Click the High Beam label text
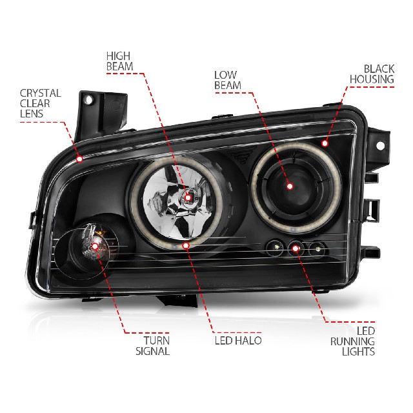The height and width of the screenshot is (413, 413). (119, 61)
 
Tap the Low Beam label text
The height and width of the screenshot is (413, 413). (228, 80)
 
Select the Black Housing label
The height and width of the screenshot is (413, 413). (372, 74)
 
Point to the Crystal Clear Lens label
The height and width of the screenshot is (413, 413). (40, 103)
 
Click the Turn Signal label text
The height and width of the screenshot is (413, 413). (152, 346)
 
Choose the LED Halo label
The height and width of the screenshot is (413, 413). (238, 341)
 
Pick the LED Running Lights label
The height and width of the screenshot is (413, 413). (352, 341)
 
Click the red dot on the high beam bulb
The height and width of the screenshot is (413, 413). (188, 197)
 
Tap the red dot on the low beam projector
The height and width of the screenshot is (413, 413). (290, 186)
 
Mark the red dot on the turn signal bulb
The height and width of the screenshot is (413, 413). (95, 247)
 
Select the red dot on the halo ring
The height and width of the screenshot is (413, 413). (186, 245)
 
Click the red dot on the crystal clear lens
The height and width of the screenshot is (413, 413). (79, 159)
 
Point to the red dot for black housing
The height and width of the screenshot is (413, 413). (325, 143)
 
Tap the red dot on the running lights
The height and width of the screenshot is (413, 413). (296, 248)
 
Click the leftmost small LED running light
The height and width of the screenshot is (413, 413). (276, 247)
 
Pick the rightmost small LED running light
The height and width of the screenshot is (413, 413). (317, 248)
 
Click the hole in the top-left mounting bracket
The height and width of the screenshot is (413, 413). (88, 100)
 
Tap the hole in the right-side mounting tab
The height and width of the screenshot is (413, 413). (380, 145)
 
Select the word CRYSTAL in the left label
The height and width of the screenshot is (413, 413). (40, 93)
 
